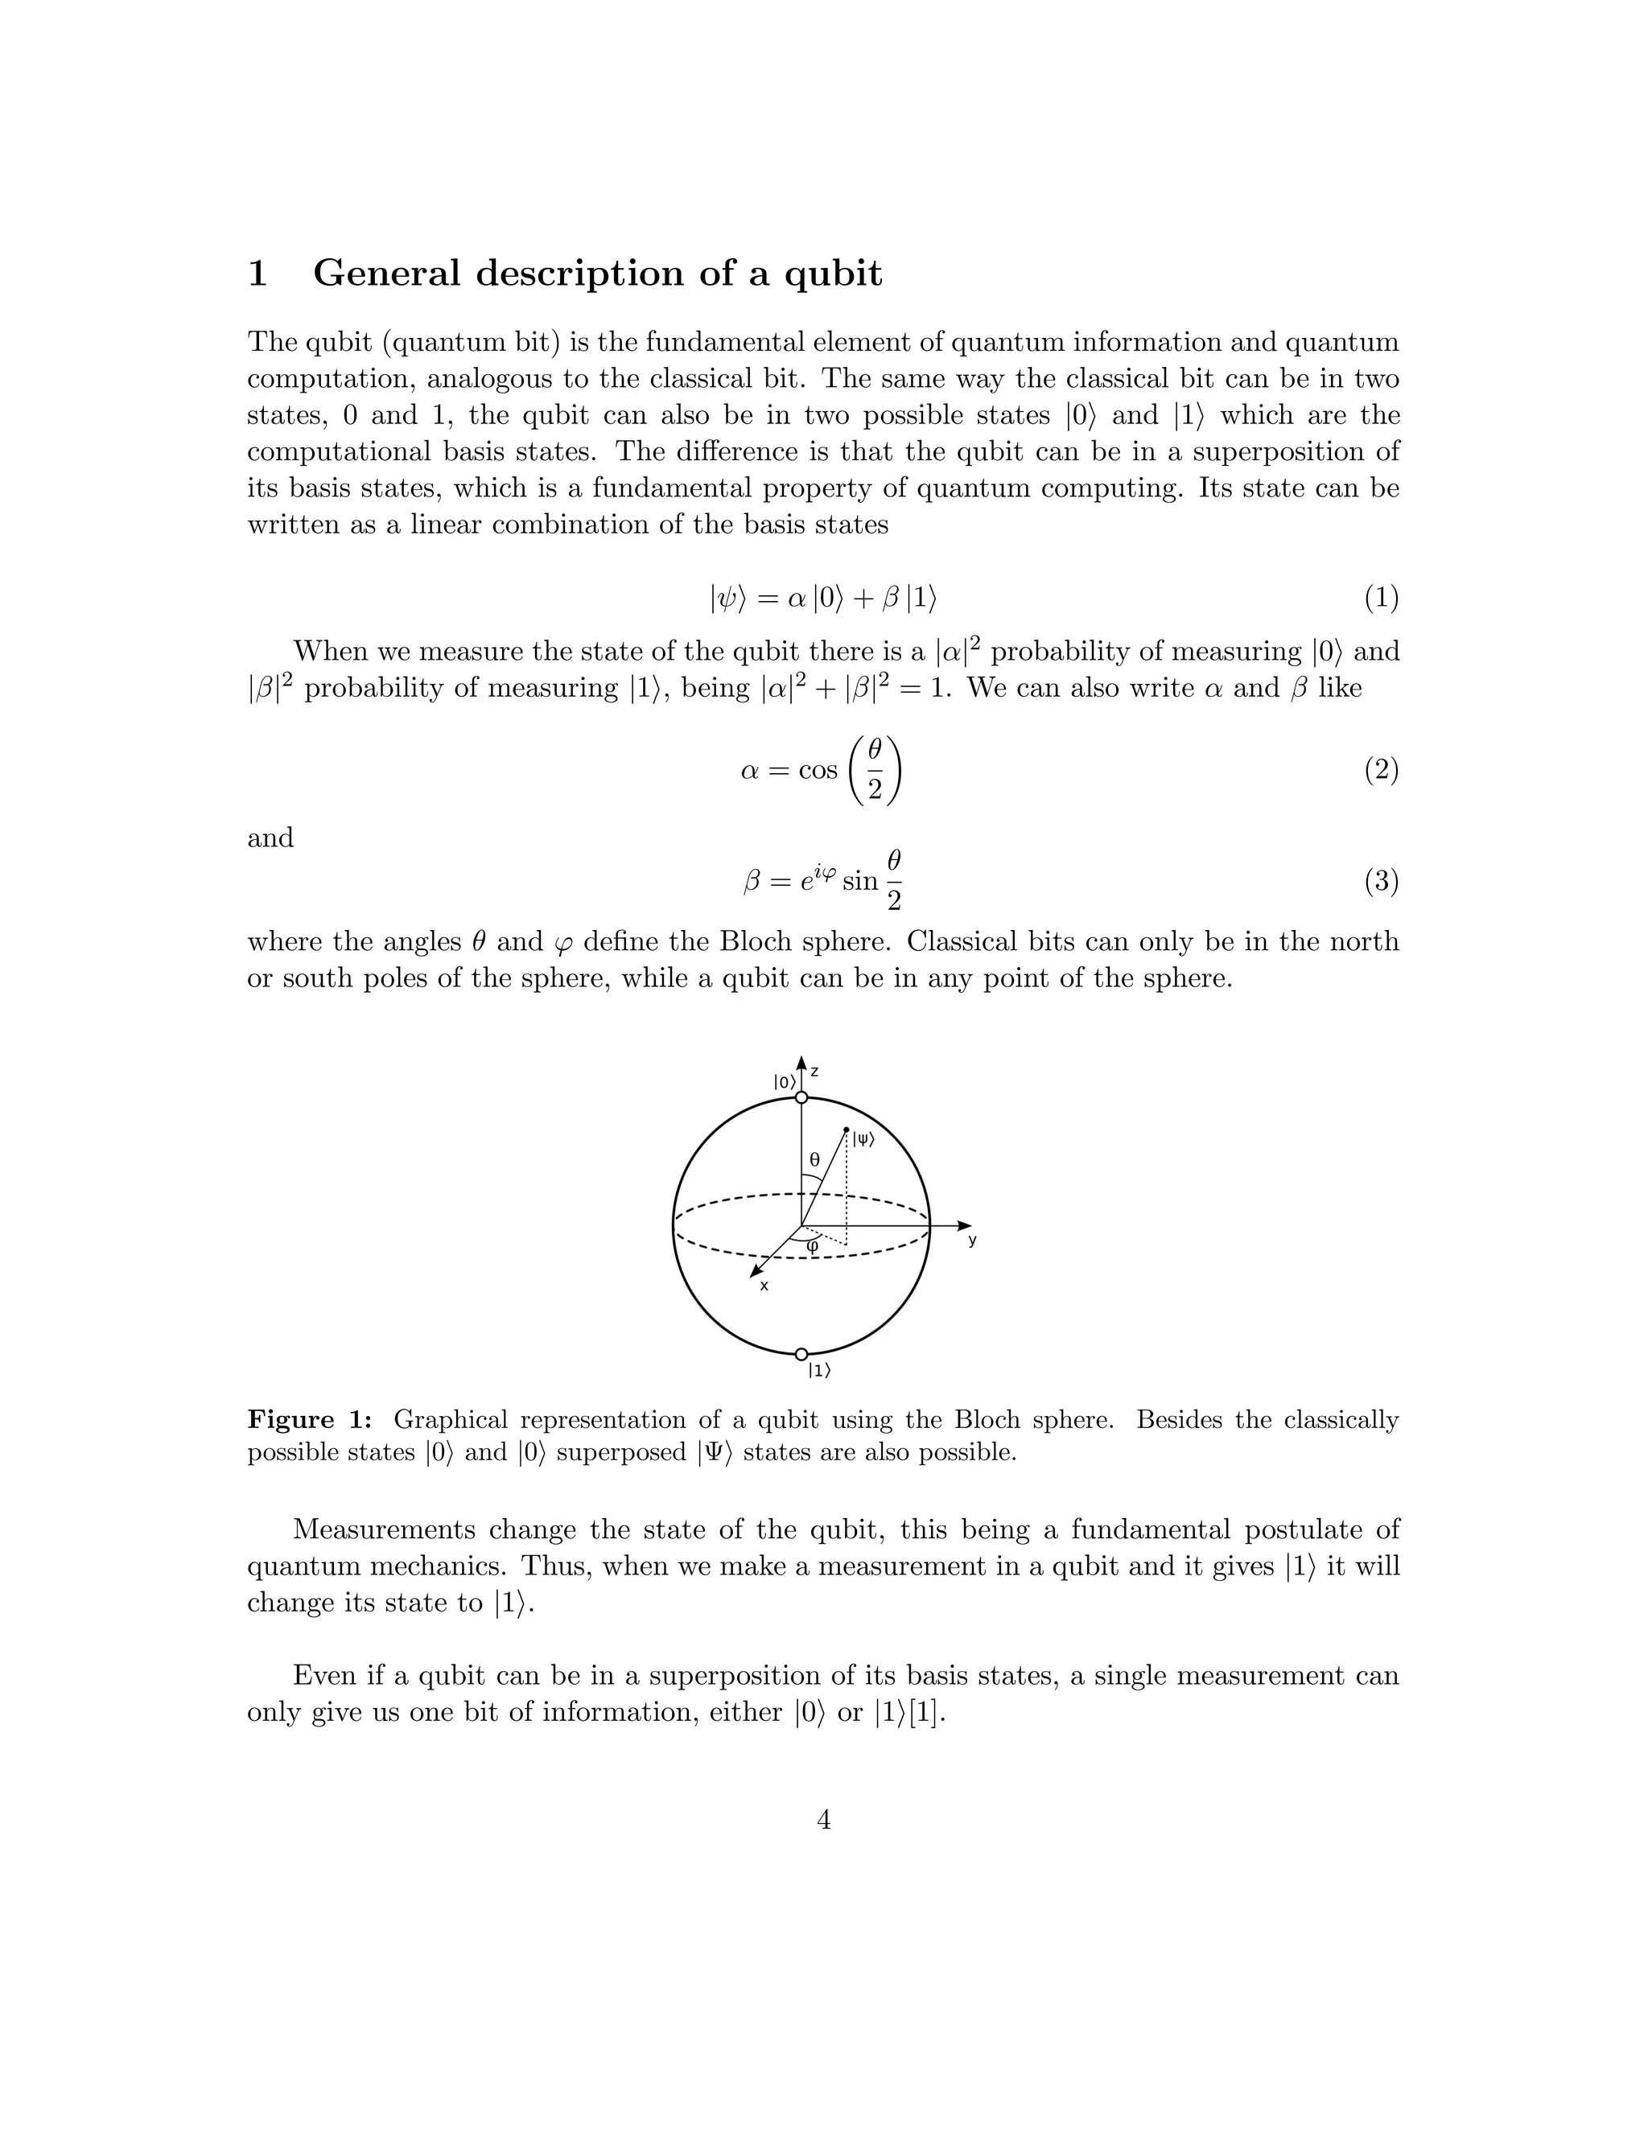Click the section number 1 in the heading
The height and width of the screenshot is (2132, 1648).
pyautogui.click(x=257, y=274)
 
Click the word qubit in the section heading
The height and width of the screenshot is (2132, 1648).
pyautogui.click(x=833, y=274)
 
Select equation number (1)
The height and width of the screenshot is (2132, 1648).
pyautogui.click(x=1381, y=598)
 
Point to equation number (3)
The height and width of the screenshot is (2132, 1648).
pyautogui.click(x=1381, y=882)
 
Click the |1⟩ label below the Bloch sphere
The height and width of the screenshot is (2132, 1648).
pyautogui.click(x=819, y=1371)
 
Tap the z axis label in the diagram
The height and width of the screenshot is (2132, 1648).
pyautogui.click(x=814, y=1072)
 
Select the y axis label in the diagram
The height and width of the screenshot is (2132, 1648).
pyautogui.click(x=972, y=1241)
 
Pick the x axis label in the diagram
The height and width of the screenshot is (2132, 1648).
pyautogui.click(x=764, y=1286)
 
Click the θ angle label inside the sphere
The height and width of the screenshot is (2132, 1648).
pyautogui.click(x=814, y=1161)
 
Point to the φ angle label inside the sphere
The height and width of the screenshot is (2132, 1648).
pyautogui.click(x=812, y=1245)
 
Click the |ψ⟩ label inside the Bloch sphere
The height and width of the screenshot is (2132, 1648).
pyautogui.click(x=863, y=1138)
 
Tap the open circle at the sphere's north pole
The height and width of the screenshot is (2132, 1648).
pyautogui.click(x=801, y=1098)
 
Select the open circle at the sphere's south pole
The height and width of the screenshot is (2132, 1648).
pyautogui.click(x=801, y=1354)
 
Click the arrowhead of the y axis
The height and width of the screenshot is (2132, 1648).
pyautogui.click(x=966, y=1225)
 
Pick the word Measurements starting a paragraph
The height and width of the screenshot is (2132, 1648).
pyautogui.click(x=384, y=1529)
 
